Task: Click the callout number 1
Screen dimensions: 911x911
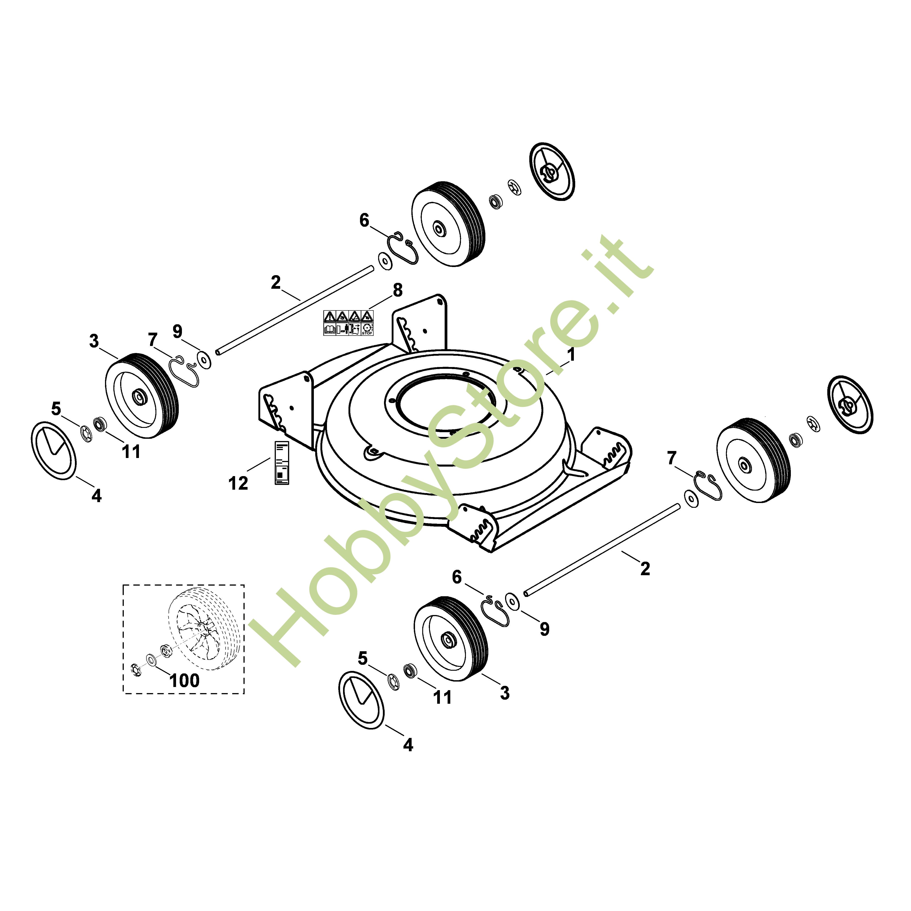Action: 571,355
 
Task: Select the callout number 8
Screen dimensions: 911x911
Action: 398,290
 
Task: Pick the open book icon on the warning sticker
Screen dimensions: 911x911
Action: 330,329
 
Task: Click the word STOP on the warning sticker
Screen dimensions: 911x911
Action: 367,333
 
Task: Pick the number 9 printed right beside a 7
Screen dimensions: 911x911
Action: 177,331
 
